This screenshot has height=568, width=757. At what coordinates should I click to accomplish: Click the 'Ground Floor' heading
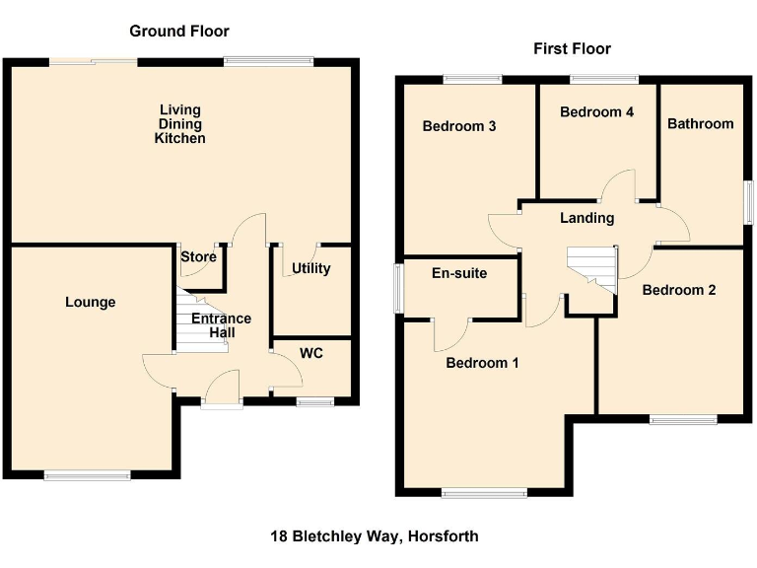pyautogui.click(x=172, y=31)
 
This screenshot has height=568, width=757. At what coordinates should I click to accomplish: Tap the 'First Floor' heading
pyautogui.click(x=572, y=48)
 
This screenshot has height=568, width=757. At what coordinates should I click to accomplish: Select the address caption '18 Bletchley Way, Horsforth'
pyautogui.click(x=375, y=536)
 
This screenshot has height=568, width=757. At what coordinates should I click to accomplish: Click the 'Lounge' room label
pyautogui.click(x=91, y=302)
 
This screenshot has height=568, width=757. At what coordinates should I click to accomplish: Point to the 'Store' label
pyautogui.click(x=198, y=257)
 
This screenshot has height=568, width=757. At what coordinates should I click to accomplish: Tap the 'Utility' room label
pyautogui.click(x=310, y=268)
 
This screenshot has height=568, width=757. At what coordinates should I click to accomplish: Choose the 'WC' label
pyautogui.click(x=310, y=352)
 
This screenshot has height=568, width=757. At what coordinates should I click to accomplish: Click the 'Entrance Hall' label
pyautogui.click(x=221, y=325)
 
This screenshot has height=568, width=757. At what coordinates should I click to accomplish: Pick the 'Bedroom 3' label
pyautogui.click(x=458, y=126)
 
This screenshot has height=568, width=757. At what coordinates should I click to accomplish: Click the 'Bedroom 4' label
pyautogui.click(x=596, y=112)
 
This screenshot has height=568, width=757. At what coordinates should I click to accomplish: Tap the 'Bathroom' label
pyautogui.click(x=700, y=123)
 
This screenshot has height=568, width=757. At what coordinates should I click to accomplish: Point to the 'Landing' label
pyautogui.click(x=586, y=218)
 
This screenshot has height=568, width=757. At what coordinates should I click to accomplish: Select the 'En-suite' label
pyautogui.click(x=460, y=273)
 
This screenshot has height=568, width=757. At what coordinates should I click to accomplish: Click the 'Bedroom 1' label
pyautogui.click(x=482, y=363)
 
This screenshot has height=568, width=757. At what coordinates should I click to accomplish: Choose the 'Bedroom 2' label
pyautogui.click(x=678, y=290)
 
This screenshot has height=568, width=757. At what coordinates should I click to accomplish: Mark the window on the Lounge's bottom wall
pyautogui.click(x=87, y=475)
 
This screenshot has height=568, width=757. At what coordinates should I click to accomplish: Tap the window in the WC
pyautogui.click(x=315, y=400)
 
